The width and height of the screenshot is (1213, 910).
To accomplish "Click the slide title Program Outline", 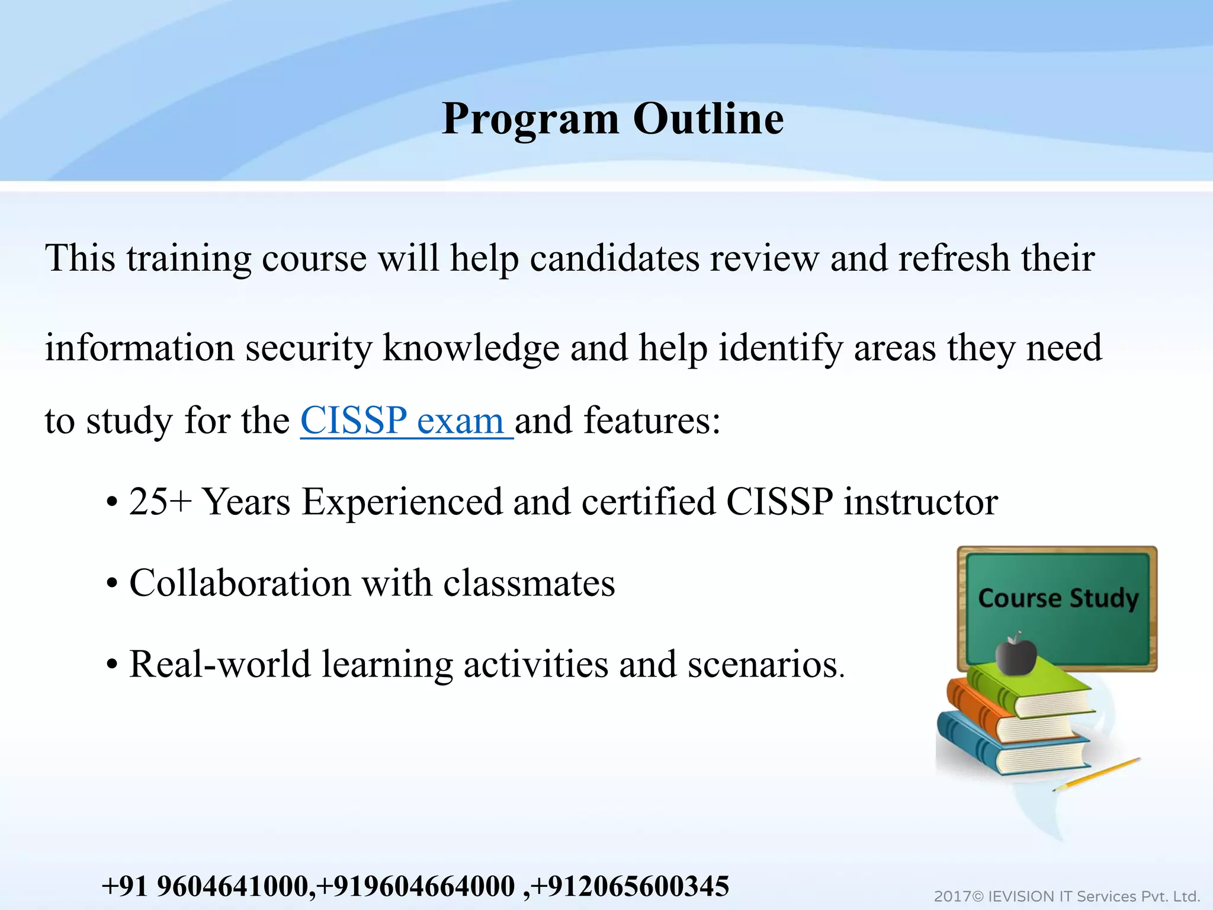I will click(612, 119).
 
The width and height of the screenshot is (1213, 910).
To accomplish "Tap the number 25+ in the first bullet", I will click(161, 502).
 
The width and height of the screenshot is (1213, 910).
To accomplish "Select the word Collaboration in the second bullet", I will click(240, 583).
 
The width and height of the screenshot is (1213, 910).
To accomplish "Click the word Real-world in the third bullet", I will click(219, 664).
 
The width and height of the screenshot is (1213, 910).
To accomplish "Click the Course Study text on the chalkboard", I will click(1058, 598).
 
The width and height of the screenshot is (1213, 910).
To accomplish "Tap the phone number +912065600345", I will click(630, 887).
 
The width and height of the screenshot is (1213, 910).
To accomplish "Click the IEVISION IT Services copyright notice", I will click(1066, 896).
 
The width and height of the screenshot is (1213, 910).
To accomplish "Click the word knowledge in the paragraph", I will click(471, 348).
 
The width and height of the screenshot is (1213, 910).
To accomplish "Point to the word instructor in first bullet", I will click(920, 502).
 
